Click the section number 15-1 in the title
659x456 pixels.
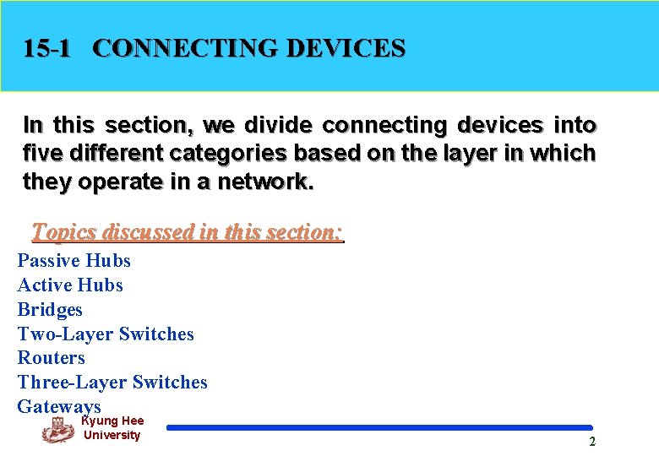47,48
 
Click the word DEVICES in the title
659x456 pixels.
346,48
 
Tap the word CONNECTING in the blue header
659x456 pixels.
185,48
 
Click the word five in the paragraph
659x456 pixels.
41,154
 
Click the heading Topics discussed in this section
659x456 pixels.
187,231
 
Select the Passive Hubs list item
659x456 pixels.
74,261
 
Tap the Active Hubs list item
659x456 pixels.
70,285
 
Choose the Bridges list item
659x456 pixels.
50,310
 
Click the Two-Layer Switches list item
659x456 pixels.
106,334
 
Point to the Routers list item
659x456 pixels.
52,358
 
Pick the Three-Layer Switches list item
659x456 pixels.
112,383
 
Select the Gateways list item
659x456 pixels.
59,406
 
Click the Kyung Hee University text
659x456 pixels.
112,428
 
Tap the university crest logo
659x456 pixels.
58,432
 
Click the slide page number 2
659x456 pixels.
592,442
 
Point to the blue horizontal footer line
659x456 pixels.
379,428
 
